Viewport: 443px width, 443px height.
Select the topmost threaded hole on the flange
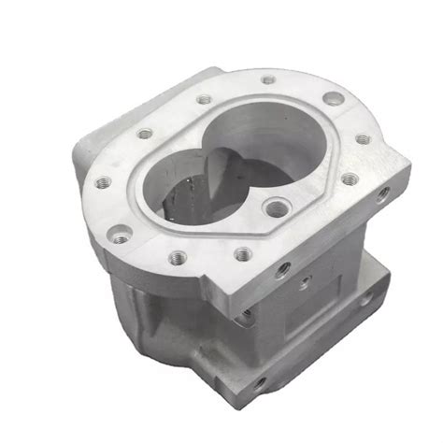[x=268, y=80]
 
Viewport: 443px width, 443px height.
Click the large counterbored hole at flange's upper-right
[x=328, y=99]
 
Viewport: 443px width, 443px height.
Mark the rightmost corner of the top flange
[x=409, y=166]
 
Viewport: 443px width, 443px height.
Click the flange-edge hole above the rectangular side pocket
[x=283, y=268]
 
